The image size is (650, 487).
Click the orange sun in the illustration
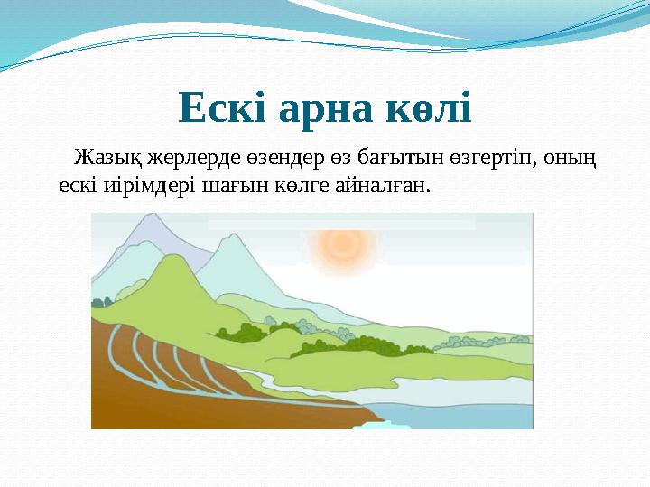click(342, 243)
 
